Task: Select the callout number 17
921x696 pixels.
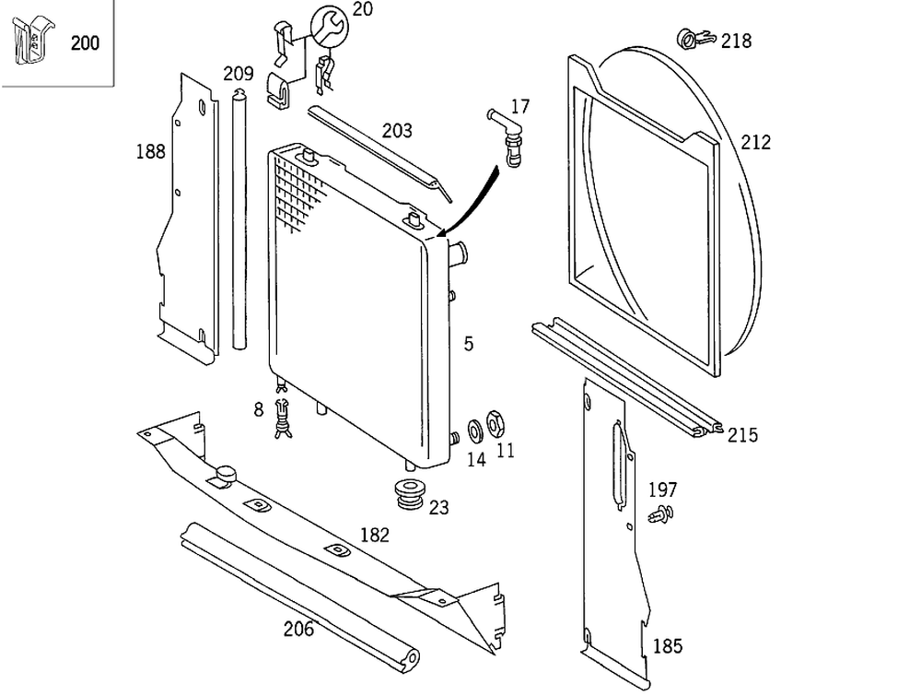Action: tap(520, 106)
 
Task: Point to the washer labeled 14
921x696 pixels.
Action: tap(475, 430)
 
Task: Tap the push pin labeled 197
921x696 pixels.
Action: tap(660, 513)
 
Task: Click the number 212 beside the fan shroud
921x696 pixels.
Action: tap(755, 143)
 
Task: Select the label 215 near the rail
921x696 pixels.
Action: tap(742, 435)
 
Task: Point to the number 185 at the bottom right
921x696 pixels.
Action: tap(668, 646)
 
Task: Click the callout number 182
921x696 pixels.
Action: tap(374, 535)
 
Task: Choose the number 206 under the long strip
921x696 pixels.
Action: tap(298, 630)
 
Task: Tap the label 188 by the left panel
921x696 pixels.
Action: tap(150, 151)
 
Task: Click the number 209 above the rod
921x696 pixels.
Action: tap(239, 73)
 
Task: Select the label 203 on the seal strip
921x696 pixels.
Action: tap(397, 131)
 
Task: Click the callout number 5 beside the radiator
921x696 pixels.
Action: tap(469, 344)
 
